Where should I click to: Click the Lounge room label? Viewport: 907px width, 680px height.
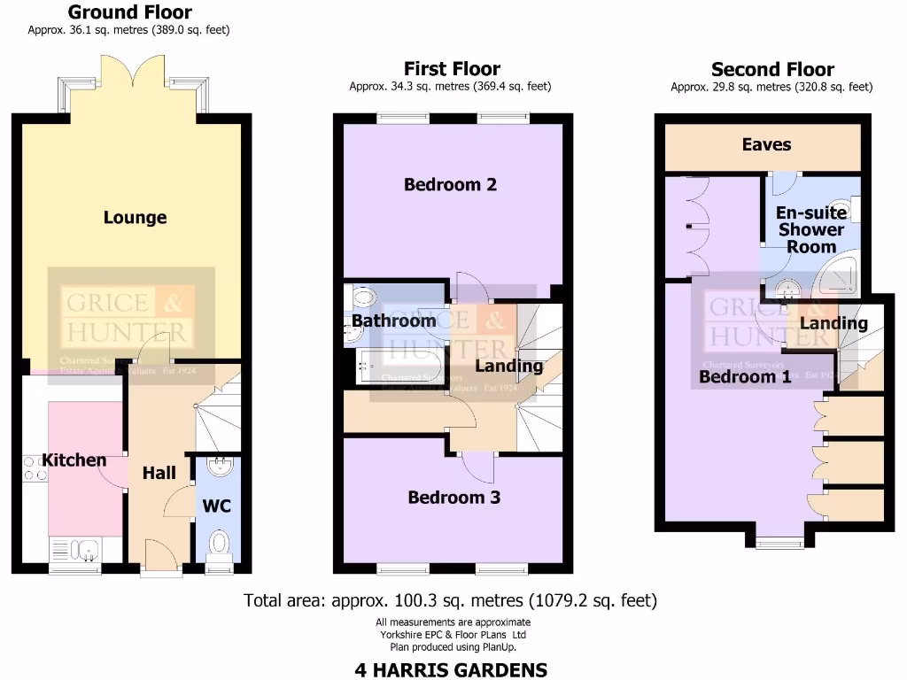(x=135, y=218)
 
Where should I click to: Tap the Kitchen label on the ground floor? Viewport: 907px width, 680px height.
(x=74, y=460)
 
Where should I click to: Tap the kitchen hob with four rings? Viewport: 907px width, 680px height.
(x=35, y=467)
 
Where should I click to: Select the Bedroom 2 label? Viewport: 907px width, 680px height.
(x=450, y=185)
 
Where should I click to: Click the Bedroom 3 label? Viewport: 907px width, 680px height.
(x=453, y=498)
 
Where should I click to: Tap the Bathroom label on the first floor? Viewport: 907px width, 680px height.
(x=393, y=321)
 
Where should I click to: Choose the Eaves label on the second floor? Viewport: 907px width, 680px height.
(x=766, y=145)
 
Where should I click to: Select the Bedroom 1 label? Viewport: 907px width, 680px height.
(x=745, y=377)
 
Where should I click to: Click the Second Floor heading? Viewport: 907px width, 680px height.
(x=772, y=69)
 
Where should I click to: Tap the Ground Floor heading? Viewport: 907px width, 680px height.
(x=129, y=12)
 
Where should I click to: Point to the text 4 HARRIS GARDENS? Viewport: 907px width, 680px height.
(x=451, y=669)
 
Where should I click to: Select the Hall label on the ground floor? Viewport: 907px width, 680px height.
(x=159, y=474)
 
